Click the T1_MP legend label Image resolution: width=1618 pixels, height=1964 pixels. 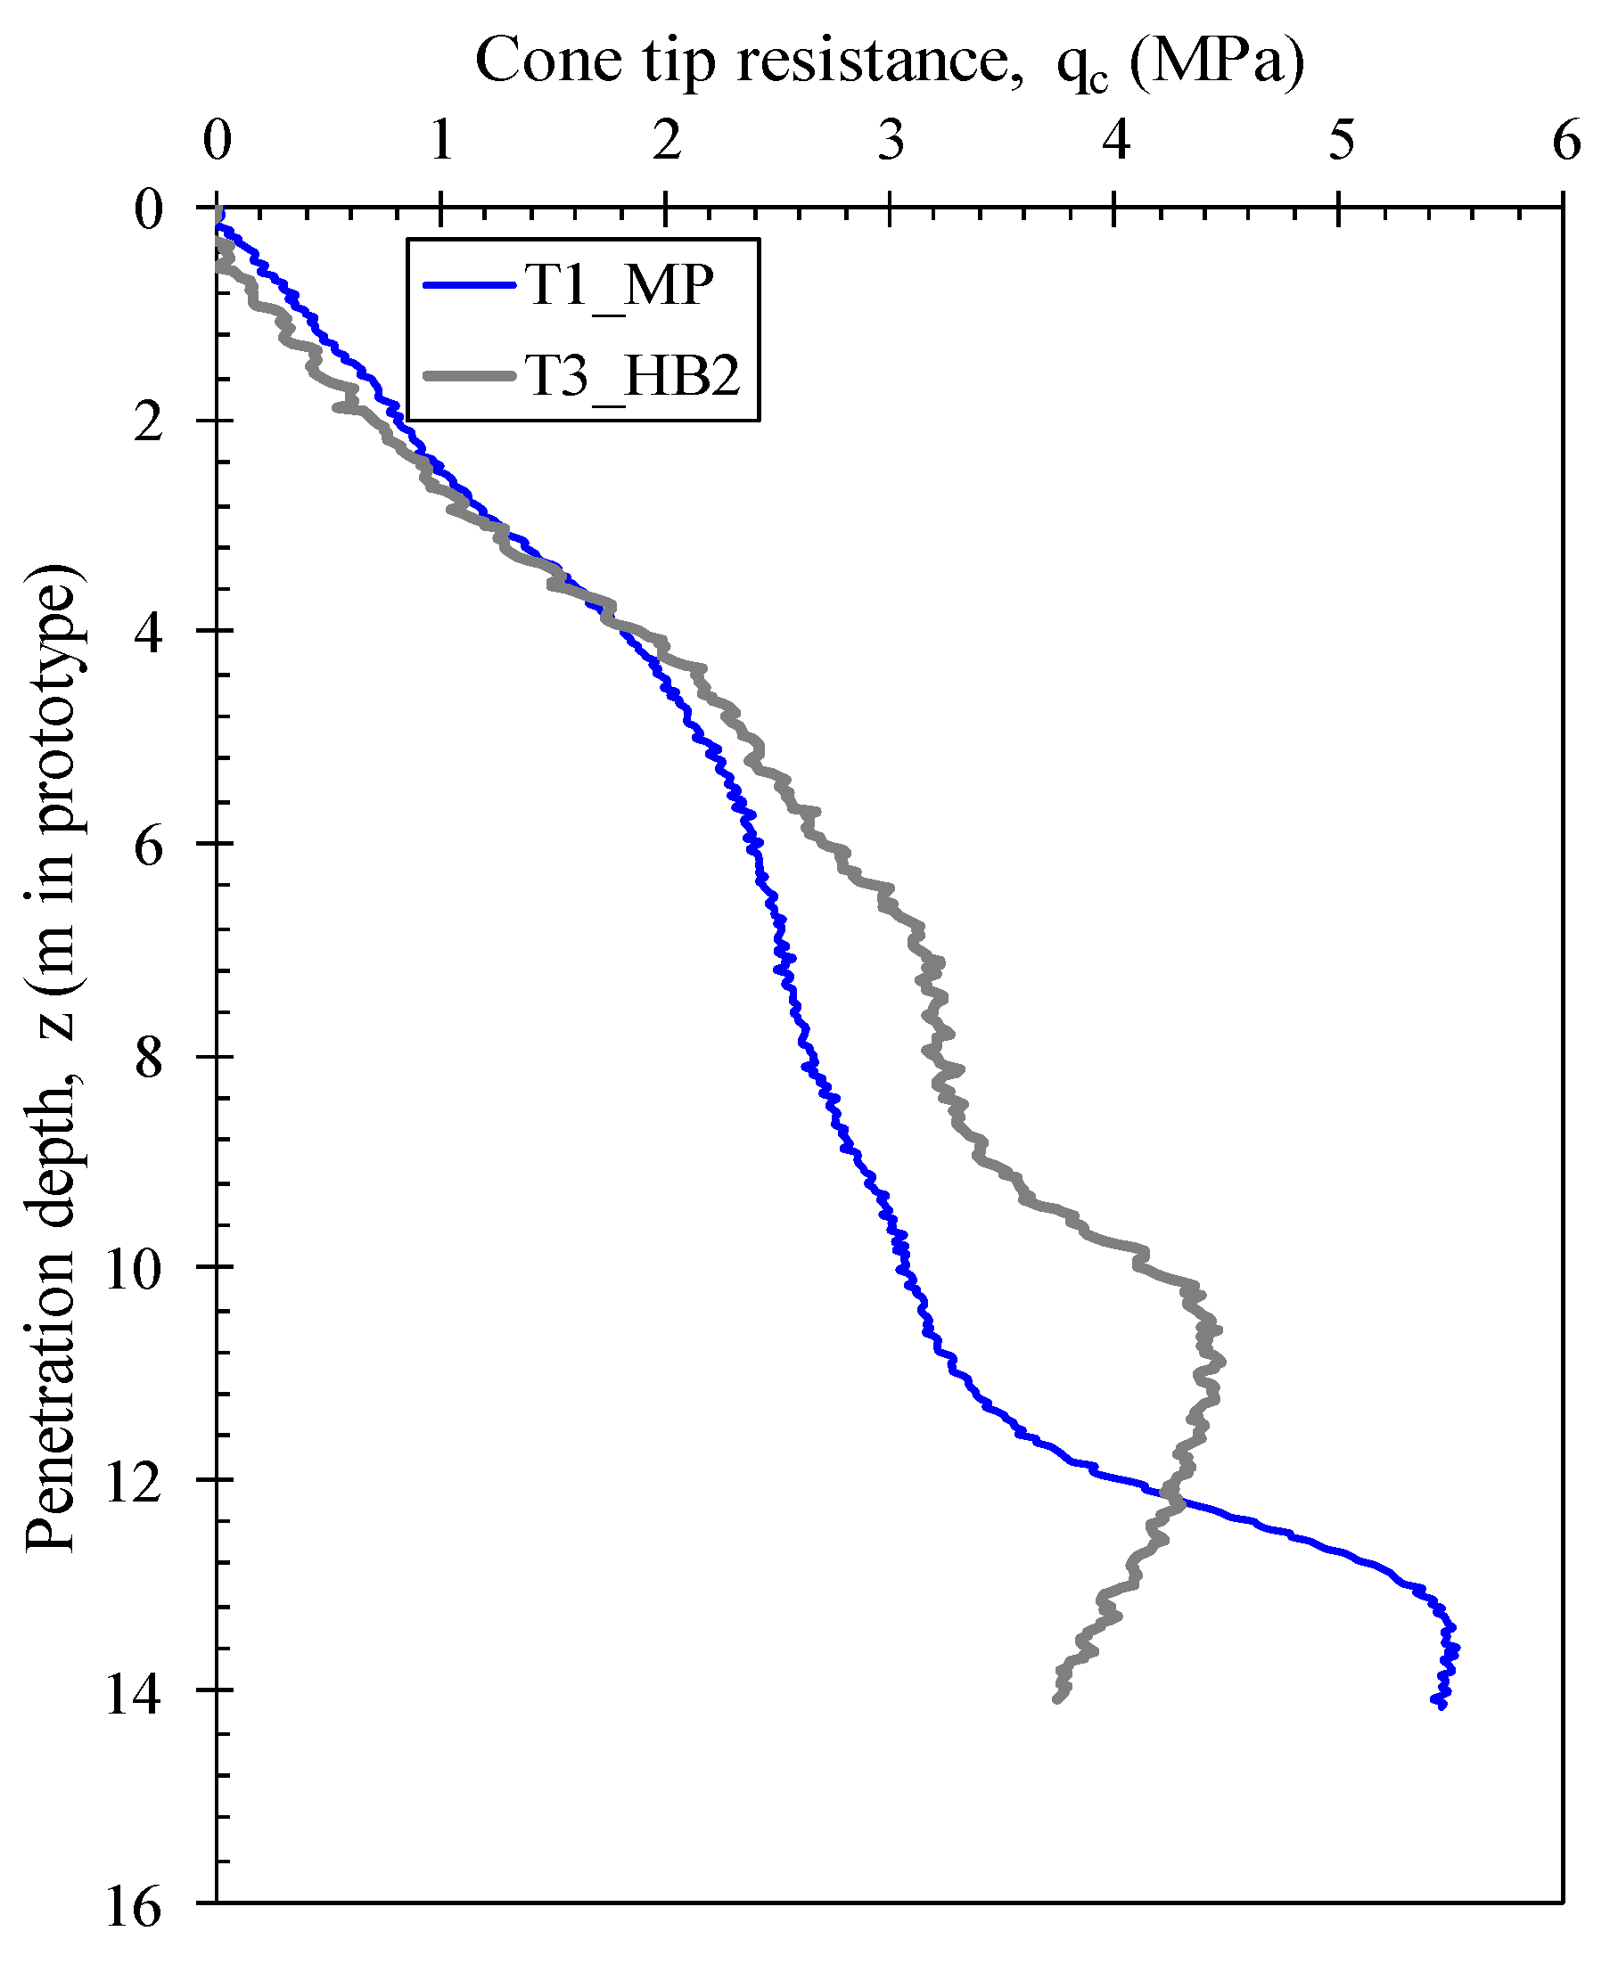tap(620, 285)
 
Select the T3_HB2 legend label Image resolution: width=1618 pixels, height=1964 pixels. tap(633, 376)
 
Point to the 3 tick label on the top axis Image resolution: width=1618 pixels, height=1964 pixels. tap(891, 142)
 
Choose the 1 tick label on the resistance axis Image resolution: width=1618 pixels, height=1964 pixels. tap(441, 142)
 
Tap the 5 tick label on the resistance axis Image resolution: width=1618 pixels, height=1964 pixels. tap(1341, 142)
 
